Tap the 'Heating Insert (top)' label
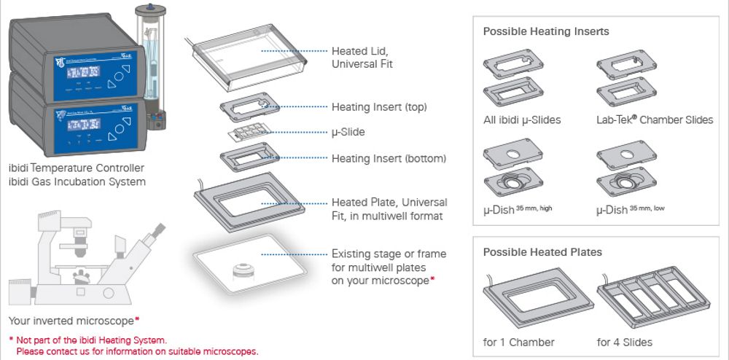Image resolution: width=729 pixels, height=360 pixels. point(379,107)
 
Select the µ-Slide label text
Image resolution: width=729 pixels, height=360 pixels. point(348,133)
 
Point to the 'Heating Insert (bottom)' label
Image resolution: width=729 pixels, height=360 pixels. point(389,158)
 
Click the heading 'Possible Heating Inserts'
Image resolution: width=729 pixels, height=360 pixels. point(546,31)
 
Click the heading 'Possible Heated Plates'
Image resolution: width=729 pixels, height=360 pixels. point(542,252)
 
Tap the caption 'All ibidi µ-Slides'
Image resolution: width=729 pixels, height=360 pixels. point(522,120)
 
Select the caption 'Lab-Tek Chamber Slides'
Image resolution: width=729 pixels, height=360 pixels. point(655,120)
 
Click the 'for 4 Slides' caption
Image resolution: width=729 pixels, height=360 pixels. point(625,343)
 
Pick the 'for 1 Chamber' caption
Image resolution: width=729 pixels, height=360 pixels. point(519,343)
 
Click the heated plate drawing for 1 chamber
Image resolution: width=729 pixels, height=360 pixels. point(539,297)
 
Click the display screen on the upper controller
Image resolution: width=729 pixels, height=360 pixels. point(84,72)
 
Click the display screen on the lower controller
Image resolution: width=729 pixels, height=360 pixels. point(84,125)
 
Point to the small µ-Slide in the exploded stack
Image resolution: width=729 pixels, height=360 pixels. point(247,133)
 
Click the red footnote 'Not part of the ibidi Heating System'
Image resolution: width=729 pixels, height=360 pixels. point(91,340)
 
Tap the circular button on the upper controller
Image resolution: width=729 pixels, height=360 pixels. point(119,75)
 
